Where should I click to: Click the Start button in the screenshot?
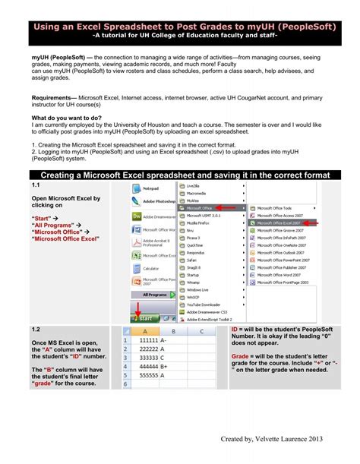coord(145,318)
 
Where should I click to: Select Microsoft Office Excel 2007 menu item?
coord(280,223)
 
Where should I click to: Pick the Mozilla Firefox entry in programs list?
coord(200,224)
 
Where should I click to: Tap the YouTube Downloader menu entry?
coord(204,301)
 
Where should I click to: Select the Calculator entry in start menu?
coord(150,268)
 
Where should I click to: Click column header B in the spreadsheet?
coord(173,332)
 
